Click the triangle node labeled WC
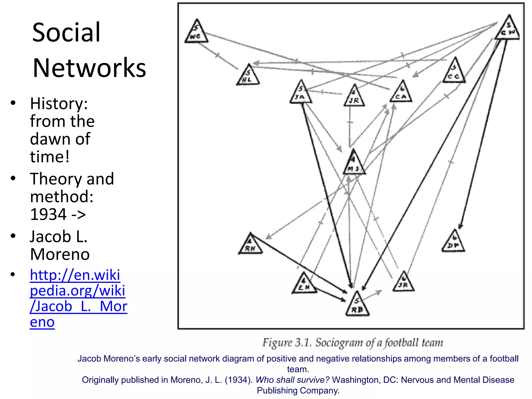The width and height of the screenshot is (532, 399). (x=196, y=33)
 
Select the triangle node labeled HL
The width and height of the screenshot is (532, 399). (x=248, y=76)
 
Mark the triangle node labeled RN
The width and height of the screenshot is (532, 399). (x=250, y=245)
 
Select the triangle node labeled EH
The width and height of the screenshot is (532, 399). (x=304, y=285)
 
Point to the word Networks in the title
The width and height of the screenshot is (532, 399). (x=89, y=68)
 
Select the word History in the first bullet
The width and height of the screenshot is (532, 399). (x=59, y=103)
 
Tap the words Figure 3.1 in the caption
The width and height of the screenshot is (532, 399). (x=287, y=343)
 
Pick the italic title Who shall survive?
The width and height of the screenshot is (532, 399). (x=292, y=380)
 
